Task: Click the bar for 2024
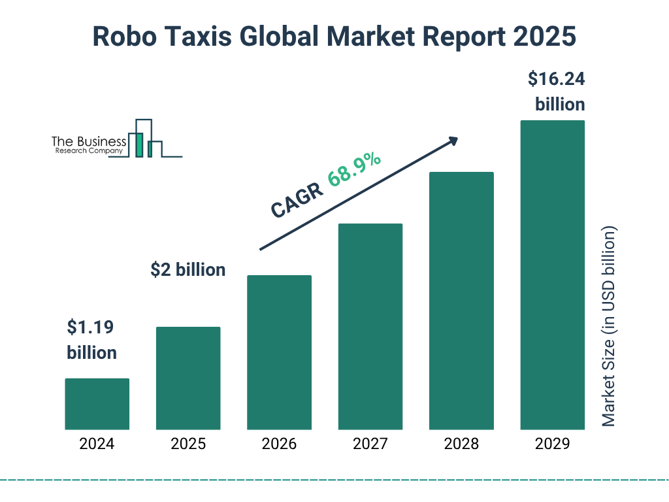tap(97, 404)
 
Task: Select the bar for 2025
tap(188, 378)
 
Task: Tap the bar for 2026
tap(279, 352)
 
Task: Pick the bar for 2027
tap(370, 327)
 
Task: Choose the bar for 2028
tap(461, 301)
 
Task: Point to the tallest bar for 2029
tap(552, 275)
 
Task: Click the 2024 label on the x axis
tap(97, 444)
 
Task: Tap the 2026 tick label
tap(279, 444)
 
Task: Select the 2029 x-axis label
tap(552, 444)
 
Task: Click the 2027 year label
tap(370, 444)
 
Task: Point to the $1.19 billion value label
tap(92, 339)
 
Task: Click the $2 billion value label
tap(188, 269)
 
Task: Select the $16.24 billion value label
tap(557, 92)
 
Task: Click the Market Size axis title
tap(609, 327)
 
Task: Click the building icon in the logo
tap(145, 139)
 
